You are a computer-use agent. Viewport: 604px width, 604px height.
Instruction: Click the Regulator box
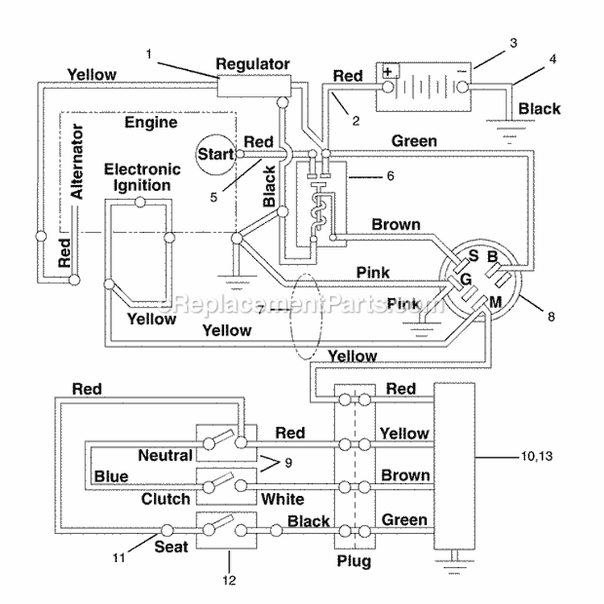tap(254, 85)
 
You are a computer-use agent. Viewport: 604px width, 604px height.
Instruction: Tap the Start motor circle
tap(216, 154)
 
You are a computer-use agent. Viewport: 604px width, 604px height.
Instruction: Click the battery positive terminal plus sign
tap(388, 71)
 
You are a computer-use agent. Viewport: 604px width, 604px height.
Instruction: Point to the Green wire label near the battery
tap(414, 141)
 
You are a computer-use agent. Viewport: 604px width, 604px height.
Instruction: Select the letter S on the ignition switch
tap(474, 255)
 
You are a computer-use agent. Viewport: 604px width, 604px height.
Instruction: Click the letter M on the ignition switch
tap(495, 302)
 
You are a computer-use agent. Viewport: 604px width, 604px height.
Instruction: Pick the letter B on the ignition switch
tap(493, 257)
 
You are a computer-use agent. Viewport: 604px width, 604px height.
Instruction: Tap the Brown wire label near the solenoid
tap(396, 225)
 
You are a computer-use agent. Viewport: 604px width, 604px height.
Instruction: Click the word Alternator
tap(77, 161)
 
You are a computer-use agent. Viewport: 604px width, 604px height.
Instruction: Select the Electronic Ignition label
tap(142, 177)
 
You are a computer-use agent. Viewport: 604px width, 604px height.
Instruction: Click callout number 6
tap(391, 176)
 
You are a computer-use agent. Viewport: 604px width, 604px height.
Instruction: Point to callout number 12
tap(230, 580)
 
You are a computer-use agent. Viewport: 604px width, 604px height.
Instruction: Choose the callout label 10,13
tap(536, 457)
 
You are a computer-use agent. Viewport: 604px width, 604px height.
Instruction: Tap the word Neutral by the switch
tap(165, 455)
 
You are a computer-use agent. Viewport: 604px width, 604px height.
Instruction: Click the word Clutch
tap(166, 499)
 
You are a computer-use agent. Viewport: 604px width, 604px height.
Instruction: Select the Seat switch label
tap(171, 547)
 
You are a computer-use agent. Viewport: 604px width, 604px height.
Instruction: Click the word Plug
tap(354, 561)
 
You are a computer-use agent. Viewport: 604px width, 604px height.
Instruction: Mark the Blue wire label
tap(111, 477)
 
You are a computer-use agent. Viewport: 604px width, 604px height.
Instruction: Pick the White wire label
tap(283, 499)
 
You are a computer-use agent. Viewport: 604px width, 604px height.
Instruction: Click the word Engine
tap(151, 123)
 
